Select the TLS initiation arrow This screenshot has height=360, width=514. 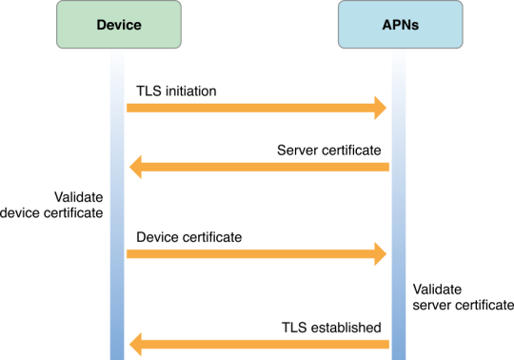coord(247,109)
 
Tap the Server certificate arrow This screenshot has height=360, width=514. coord(267,168)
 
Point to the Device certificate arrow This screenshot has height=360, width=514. coord(247,252)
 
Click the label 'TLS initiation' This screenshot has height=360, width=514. coord(177,91)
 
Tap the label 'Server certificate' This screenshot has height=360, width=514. coord(330,150)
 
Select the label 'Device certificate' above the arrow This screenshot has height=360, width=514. coord(188,235)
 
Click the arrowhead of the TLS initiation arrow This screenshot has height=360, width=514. coord(380,109)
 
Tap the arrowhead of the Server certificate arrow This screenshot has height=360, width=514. coord(135,168)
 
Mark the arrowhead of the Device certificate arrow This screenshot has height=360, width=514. coord(380,252)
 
